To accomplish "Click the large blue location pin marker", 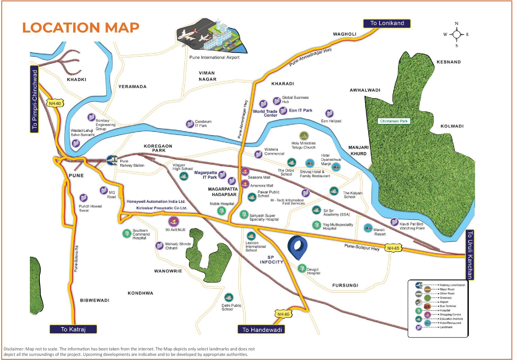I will pos(297,246).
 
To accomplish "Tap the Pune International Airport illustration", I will pos(212,35).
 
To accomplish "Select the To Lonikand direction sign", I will pos(387,23).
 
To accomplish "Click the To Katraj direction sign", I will pos(73,329).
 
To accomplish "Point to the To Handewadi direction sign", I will pos(261,329).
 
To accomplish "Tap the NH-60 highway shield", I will pos(55,103).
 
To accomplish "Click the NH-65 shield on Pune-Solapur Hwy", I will pos(393,248).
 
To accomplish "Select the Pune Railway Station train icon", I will pos(112,160).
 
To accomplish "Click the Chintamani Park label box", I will pos(393,121).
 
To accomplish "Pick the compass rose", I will pos(457,34).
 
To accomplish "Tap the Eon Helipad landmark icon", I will pos(329,114).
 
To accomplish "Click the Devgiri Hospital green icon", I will pos(302,268).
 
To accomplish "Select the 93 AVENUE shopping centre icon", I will pos(174,221).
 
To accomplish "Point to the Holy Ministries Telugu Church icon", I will pos(304,136).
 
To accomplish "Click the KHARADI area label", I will pos(283,84).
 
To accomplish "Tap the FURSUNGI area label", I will pos(345,285).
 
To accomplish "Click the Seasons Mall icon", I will pos(245,171).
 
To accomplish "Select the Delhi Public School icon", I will pos(229,297).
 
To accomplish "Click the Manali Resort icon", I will pos(368,228).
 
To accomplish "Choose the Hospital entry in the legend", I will pos(418,310).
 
